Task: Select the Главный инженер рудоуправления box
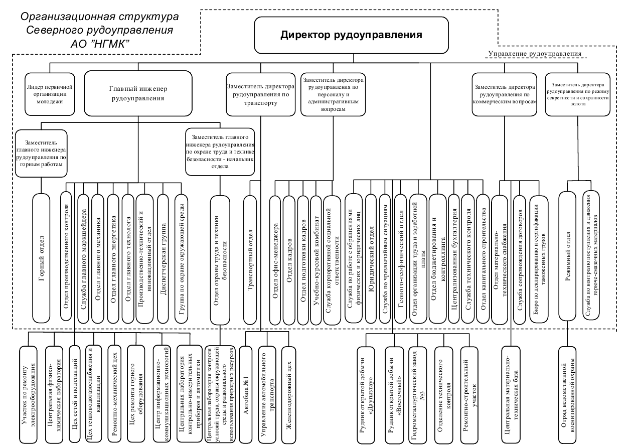[x=138, y=93]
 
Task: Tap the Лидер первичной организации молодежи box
[x=52, y=93]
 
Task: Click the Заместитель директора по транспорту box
[x=260, y=94]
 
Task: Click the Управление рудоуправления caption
[x=535, y=53]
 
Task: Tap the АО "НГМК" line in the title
[x=100, y=44]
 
